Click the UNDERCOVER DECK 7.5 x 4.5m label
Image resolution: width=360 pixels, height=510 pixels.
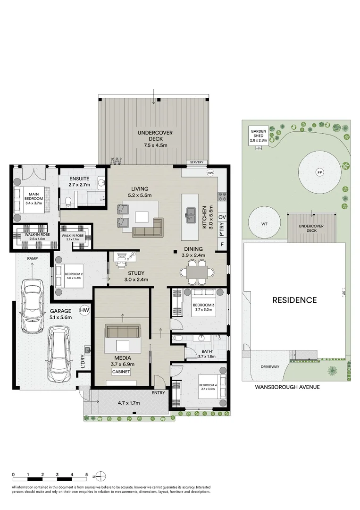(155, 139)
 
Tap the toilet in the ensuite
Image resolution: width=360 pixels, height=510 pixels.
(69, 201)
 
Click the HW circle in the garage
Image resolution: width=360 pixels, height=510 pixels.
(84, 310)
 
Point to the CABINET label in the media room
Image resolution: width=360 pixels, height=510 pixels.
(120, 372)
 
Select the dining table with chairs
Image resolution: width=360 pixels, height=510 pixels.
(195, 272)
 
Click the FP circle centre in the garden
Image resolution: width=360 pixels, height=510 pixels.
(319, 172)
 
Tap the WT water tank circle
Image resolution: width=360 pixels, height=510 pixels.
(265, 224)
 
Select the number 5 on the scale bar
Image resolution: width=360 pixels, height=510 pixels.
(86, 474)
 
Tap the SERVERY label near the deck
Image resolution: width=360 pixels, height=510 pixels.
(197, 162)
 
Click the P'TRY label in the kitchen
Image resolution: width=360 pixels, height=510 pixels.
(222, 231)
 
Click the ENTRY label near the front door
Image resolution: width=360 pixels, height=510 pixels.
(158, 393)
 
